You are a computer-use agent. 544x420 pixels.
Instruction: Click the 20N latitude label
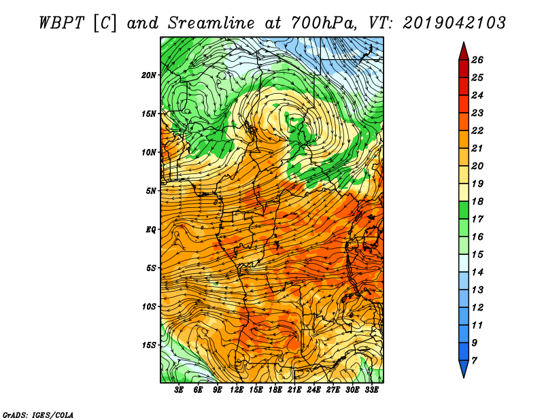point(149,75)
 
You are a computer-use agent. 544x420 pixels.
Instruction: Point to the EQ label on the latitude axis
point(150,230)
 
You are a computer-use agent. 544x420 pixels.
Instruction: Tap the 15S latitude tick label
point(149,345)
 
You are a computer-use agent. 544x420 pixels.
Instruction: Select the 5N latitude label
point(151,191)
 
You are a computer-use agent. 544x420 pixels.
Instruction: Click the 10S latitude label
point(149,307)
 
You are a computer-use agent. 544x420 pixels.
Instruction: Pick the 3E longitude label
point(179,390)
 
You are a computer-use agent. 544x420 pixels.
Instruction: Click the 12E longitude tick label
point(236,390)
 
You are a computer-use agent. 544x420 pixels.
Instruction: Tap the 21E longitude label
point(294,390)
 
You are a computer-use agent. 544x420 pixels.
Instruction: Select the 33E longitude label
point(371,390)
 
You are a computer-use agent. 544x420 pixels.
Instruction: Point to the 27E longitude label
point(333,390)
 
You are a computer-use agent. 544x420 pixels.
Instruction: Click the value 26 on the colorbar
point(477,60)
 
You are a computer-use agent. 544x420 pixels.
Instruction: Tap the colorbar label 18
point(477,201)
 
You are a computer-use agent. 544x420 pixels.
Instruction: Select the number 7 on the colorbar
point(474,361)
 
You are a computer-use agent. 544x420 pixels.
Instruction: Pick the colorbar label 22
point(477,130)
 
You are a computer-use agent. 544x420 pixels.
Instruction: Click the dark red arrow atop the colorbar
point(464,52)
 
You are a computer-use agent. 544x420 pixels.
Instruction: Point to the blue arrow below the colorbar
point(464,368)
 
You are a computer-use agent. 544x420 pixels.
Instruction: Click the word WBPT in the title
point(61,23)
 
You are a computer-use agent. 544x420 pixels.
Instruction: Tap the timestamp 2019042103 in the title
point(454,23)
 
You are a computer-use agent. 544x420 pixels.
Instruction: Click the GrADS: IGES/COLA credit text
point(38,415)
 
